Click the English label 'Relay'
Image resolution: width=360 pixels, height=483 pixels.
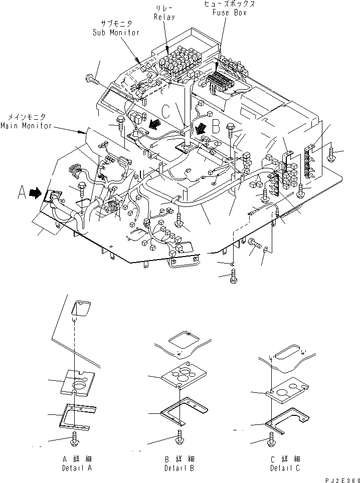164,18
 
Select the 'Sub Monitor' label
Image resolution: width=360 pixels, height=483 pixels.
116,33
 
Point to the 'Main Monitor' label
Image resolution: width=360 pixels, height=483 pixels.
26,126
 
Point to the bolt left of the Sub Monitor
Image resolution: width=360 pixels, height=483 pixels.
92,79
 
